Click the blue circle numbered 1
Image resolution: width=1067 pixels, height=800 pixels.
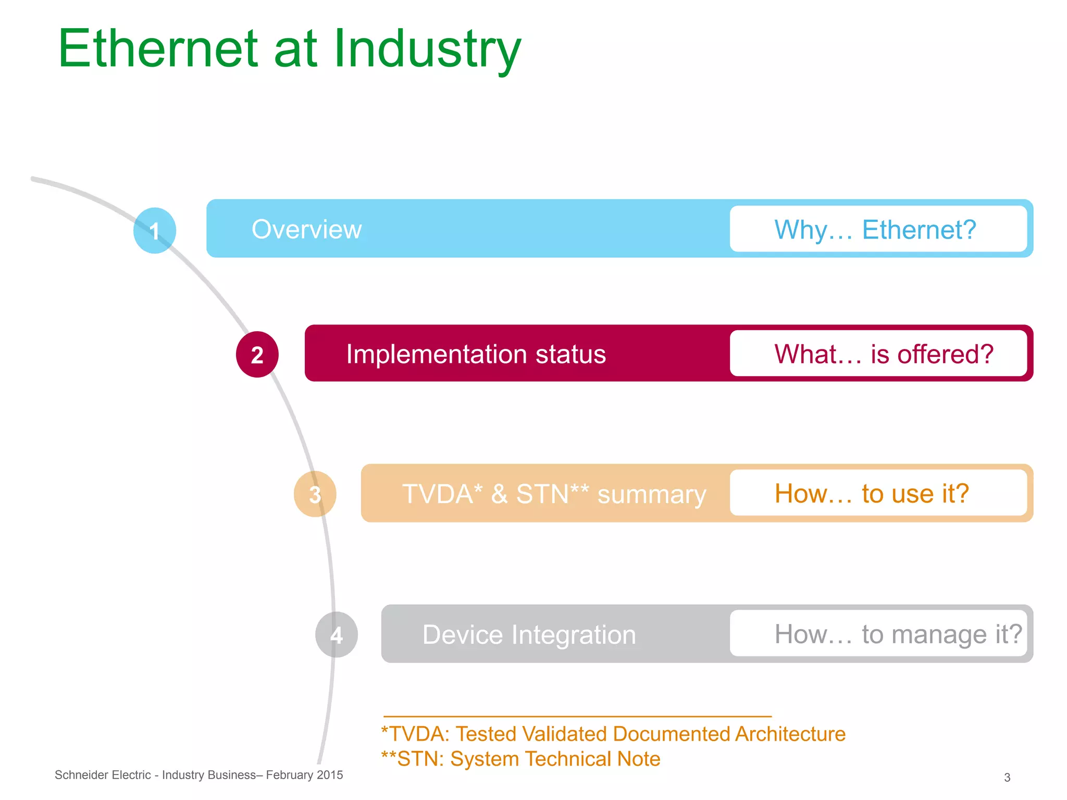pos(155,231)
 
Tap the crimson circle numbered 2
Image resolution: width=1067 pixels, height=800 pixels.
pos(257,355)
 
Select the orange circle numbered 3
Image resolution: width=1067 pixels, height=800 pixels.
pos(315,494)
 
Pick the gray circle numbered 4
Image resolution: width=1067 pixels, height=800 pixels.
pos(337,634)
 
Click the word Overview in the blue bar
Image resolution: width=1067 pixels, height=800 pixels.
pos(306,230)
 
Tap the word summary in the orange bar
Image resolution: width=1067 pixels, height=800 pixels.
pos(651,494)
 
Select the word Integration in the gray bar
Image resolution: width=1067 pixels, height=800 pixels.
pos(574,635)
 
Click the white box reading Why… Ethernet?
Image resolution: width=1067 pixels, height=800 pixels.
pos(878,229)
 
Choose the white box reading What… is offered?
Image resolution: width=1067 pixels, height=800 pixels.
pos(878,354)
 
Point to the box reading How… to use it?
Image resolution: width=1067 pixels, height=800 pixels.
pos(878,493)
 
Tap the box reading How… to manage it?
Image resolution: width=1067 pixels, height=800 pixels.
pos(878,634)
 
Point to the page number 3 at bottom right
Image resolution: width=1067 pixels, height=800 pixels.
pos(1007,778)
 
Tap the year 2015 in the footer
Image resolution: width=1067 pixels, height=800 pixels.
pos(329,775)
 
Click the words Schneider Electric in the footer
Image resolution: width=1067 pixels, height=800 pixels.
pos(103,775)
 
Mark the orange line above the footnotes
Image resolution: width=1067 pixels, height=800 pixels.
pos(577,717)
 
